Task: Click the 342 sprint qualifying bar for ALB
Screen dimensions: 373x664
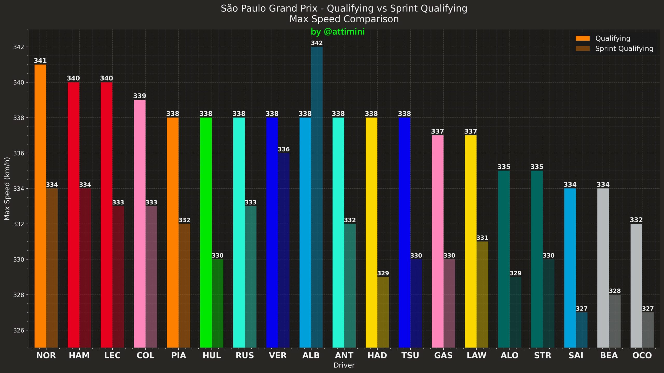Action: click(317, 197)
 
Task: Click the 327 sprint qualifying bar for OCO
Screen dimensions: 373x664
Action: click(648, 330)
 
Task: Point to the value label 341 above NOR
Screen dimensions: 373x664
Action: click(40, 61)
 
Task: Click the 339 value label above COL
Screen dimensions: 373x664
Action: click(140, 96)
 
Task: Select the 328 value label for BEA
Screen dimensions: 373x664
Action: click(614, 291)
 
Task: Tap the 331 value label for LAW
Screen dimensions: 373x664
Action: click(482, 238)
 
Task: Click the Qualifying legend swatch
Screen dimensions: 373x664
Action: click(583, 38)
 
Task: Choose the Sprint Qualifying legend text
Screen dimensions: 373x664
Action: click(624, 49)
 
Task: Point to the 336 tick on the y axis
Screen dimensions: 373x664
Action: click(18, 153)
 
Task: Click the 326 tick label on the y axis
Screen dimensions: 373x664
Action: click(18, 330)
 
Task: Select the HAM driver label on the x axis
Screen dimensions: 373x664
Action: click(79, 355)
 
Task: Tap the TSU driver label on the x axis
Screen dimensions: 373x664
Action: click(410, 355)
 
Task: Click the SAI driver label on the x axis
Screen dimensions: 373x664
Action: click(576, 355)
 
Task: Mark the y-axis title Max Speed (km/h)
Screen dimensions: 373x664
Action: click(7, 189)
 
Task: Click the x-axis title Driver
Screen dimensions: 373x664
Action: click(344, 365)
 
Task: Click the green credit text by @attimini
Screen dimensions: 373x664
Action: click(337, 32)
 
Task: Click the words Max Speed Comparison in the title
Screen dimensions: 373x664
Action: click(344, 19)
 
